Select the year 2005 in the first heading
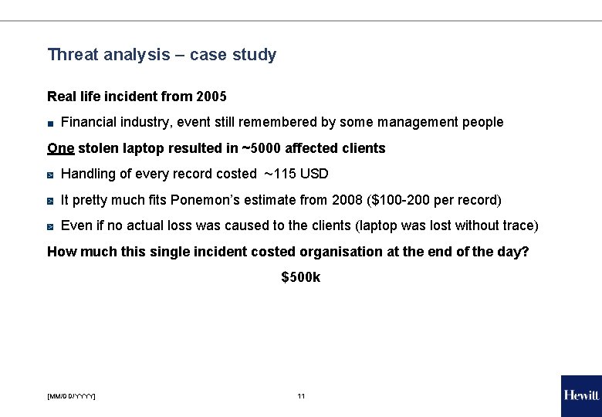tap(211, 97)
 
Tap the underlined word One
tap(60, 147)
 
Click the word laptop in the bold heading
tap(142, 147)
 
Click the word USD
tap(315, 174)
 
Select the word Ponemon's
tap(206, 200)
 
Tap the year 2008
tap(345, 200)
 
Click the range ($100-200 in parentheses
tap(395, 200)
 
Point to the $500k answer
tap(301, 276)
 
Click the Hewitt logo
tap(580, 395)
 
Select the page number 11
tap(301, 396)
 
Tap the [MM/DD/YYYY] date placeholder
tap(71, 396)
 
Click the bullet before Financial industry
tap(50, 123)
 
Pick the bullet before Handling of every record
tap(50, 175)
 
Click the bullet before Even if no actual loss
tap(50, 226)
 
